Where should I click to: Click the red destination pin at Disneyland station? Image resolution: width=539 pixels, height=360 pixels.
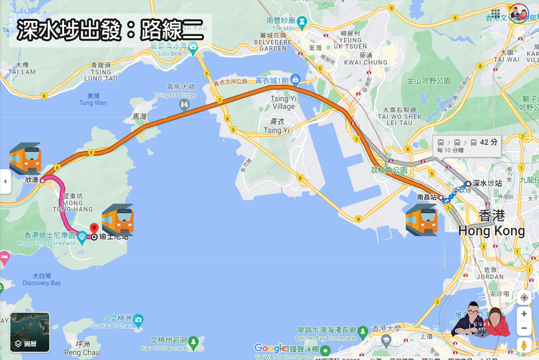click(x=94, y=228)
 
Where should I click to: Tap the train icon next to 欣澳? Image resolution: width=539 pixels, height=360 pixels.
click(x=25, y=158)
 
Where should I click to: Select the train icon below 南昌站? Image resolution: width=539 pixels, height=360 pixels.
click(x=421, y=220)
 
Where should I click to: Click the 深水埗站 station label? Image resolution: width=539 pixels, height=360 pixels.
click(x=487, y=183)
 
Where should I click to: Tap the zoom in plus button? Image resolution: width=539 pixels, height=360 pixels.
click(x=524, y=314)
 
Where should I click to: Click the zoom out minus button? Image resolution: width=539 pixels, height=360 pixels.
click(x=524, y=328)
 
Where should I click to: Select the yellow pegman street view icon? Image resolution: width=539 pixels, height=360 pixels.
click(x=524, y=345)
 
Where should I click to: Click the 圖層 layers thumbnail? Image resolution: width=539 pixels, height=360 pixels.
click(x=30, y=332)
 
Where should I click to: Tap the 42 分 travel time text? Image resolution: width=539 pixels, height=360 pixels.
click(x=488, y=142)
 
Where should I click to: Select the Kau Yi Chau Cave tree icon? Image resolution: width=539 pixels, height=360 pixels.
click(x=194, y=341)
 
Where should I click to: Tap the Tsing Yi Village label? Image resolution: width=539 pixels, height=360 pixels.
click(x=283, y=102)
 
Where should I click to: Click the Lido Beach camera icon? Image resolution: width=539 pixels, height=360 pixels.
click(x=193, y=46)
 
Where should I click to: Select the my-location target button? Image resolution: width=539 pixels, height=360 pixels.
click(x=524, y=297)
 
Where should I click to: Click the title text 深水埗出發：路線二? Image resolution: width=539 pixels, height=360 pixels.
click(x=110, y=31)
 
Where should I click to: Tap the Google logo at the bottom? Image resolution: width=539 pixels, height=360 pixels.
click(x=269, y=348)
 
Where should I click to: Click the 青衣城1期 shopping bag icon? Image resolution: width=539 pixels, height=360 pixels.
click(x=295, y=79)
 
